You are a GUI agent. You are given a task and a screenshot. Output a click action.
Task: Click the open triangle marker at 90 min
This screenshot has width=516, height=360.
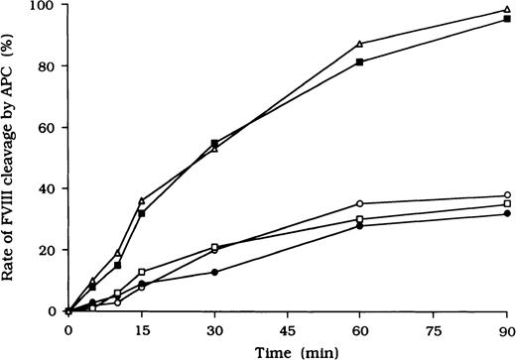507,10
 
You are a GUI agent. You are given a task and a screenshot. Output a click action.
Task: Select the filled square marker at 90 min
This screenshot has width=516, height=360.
507,19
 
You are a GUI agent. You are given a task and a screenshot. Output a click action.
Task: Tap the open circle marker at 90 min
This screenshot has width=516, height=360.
507,195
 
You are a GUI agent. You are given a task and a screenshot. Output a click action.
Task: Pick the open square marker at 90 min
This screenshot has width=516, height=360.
507,204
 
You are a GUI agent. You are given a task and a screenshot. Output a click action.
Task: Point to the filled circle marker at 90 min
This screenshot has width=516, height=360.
507,213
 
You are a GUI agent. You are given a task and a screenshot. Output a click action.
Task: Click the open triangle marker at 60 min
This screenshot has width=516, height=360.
360,44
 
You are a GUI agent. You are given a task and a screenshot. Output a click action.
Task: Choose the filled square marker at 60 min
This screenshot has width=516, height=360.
360,61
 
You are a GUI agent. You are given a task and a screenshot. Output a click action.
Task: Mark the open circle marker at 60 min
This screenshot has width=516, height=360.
360,203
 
